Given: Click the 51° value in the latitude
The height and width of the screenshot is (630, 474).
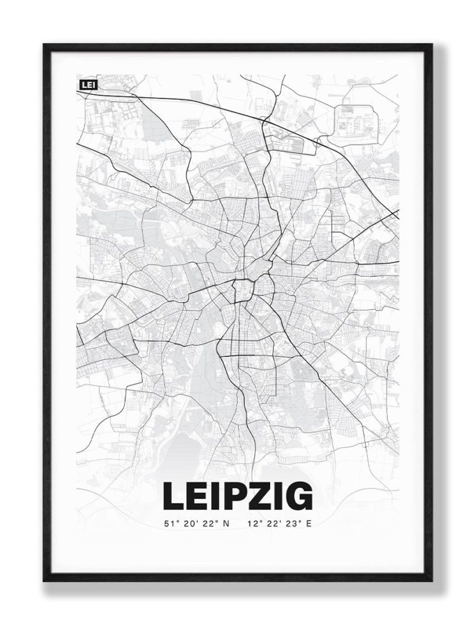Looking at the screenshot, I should tap(170, 524).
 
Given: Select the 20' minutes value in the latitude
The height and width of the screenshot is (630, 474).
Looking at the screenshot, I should tap(189, 524).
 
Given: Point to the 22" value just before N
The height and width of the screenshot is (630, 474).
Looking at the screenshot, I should tap(208, 524).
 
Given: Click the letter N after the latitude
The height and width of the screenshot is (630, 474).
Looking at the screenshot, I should tap(225, 524).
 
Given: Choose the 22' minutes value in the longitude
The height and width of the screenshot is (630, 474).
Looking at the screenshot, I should tap(272, 524).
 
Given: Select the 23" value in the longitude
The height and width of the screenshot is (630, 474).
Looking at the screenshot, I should tap(292, 524).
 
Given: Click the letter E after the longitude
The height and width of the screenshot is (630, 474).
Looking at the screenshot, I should tap(309, 524).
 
